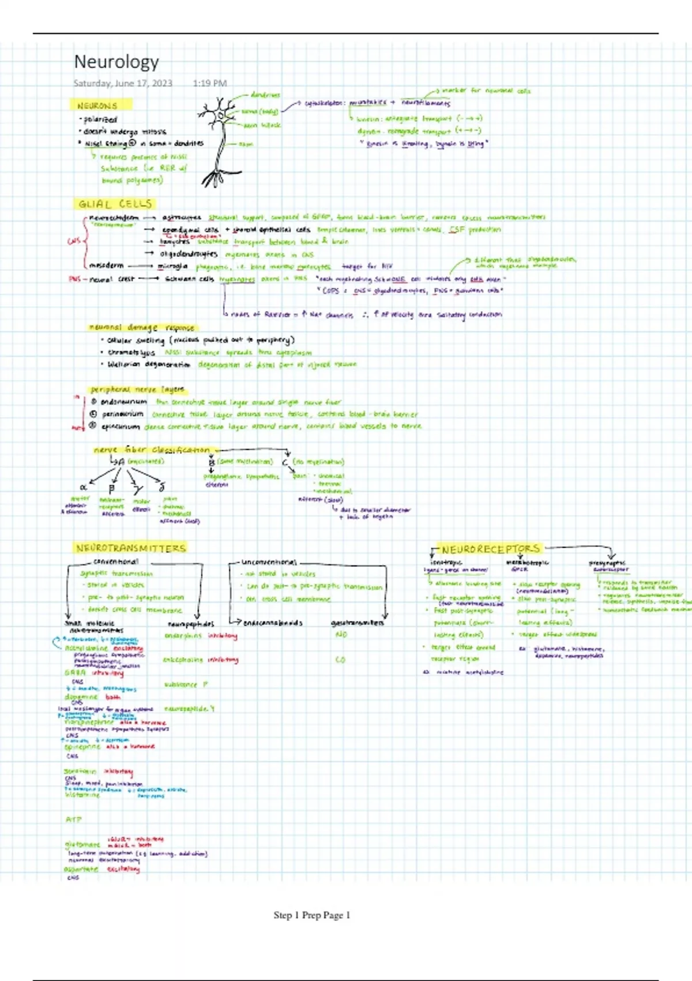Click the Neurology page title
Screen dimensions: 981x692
[116, 62]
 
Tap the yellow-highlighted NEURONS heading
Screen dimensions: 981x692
[97, 106]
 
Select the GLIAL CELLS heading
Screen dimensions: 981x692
[115, 204]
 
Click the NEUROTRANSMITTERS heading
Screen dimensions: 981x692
[131, 548]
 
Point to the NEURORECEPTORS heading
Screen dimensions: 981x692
[491, 549]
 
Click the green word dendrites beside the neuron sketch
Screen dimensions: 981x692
[265, 95]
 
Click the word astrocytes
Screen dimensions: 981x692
[182, 218]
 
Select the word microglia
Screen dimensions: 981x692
[173, 266]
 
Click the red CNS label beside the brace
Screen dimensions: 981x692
[74, 241]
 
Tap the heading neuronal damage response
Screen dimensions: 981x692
[142, 327]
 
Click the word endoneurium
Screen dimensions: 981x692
[123, 402]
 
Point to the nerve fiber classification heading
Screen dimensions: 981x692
[152, 450]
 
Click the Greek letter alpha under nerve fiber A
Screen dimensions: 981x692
[83, 487]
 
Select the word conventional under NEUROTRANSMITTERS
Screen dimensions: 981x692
[116, 561]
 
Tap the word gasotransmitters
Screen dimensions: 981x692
[358, 623]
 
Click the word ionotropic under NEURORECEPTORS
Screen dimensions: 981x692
[446, 562]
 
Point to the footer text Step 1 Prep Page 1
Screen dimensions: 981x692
[312, 915]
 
